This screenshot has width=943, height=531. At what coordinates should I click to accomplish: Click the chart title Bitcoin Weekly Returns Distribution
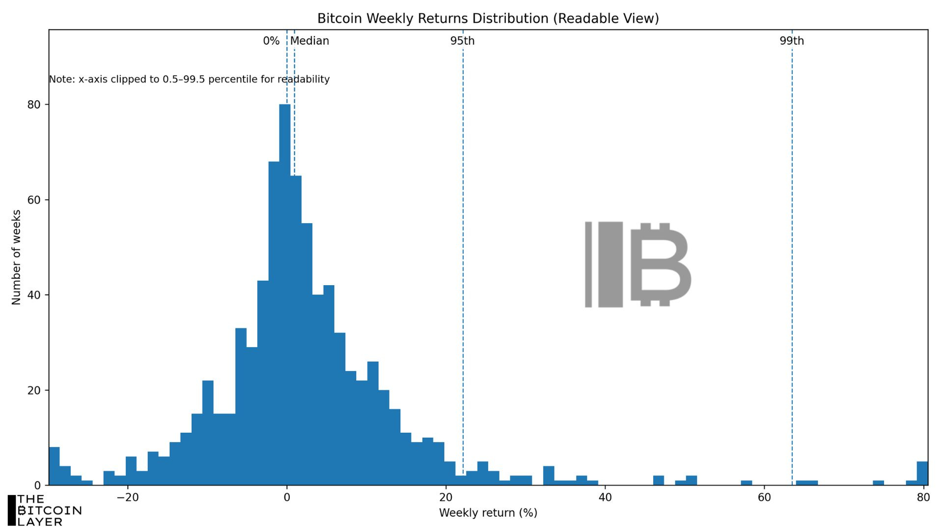[488, 19]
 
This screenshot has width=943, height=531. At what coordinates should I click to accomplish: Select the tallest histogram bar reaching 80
[285, 295]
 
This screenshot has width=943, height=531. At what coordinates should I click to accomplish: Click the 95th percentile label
[462, 41]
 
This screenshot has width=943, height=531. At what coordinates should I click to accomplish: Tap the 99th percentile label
[791, 41]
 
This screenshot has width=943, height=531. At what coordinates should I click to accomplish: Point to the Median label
[309, 41]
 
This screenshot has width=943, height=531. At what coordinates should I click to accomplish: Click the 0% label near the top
[271, 41]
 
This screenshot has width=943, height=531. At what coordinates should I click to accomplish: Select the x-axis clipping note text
[189, 79]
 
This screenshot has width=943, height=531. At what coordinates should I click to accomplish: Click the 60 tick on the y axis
[34, 200]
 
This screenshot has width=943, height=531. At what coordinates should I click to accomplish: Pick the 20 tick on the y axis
[34, 390]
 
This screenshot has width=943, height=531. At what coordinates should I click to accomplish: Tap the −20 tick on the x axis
[127, 498]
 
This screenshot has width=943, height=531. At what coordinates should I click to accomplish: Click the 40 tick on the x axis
[605, 498]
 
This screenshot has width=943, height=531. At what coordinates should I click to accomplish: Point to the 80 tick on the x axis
[922, 498]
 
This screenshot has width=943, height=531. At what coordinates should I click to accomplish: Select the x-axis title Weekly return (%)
[488, 513]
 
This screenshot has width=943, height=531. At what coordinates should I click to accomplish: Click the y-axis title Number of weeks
[16, 257]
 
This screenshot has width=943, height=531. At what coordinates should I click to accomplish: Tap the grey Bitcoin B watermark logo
[638, 264]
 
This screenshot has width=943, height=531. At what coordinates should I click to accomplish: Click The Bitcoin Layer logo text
[44, 511]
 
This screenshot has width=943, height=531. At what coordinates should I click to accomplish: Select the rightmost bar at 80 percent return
[922, 473]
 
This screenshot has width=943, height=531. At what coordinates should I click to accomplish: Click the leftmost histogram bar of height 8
[54, 466]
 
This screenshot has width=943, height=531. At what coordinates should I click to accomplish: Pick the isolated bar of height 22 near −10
[208, 433]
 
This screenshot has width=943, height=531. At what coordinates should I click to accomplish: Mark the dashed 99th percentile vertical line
[792, 246]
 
